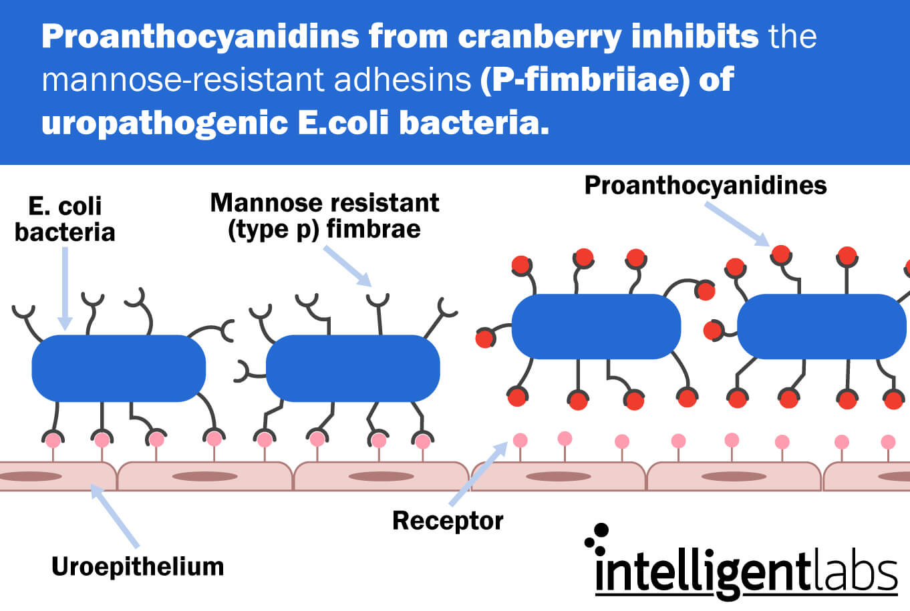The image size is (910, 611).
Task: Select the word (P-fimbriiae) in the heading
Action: (585, 80)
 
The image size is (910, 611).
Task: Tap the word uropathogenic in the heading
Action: (164, 123)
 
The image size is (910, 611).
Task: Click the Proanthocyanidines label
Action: (706, 186)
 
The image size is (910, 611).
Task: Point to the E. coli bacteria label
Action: (65, 219)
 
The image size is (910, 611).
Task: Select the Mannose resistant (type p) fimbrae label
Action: (325, 216)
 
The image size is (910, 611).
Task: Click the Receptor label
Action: (448, 521)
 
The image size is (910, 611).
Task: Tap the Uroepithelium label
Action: (138, 567)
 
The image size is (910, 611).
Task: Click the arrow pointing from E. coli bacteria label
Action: (65, 288)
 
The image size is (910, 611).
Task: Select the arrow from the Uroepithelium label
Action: (114, 516)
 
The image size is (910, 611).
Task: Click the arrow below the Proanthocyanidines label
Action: (737, 224)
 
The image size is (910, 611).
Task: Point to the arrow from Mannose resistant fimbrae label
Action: (347, 266)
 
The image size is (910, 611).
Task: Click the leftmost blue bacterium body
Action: (119, 368)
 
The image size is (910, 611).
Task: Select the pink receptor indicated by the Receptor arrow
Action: (520, 440)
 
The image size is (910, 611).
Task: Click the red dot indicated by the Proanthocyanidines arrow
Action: (780, 254)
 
